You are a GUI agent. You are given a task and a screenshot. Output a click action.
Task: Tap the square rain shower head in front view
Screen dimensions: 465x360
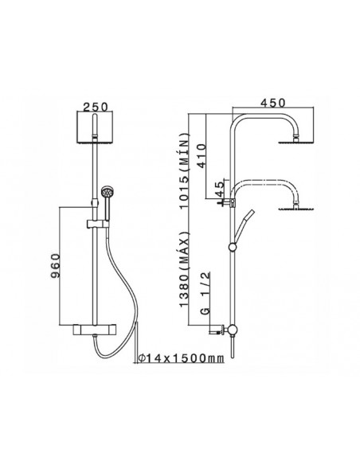pyautogui.click(x=95, y=127)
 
